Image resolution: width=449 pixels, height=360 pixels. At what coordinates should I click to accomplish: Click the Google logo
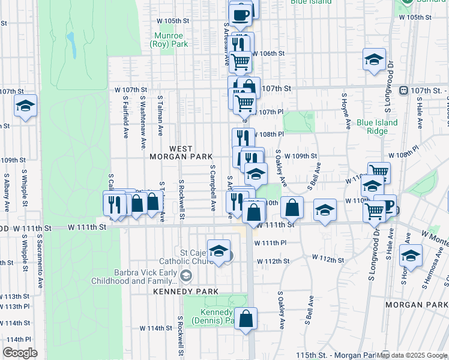(20, 353)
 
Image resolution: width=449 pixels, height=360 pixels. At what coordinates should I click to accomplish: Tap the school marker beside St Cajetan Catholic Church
(218, 251)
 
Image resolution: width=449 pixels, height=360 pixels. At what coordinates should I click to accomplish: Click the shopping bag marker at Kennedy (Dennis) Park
(246, 319)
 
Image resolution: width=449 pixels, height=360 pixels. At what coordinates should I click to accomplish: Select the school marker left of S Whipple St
(25, 106)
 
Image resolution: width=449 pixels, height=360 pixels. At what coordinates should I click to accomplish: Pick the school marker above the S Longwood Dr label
(374, 59)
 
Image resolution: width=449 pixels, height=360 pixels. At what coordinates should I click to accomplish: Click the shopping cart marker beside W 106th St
(240, 61)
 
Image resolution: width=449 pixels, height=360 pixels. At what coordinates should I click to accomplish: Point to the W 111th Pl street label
(270, 243)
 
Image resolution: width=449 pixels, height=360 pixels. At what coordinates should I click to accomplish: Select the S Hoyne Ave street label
(346, 111)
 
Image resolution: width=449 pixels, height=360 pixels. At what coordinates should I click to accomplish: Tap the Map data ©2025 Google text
(412, 355)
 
